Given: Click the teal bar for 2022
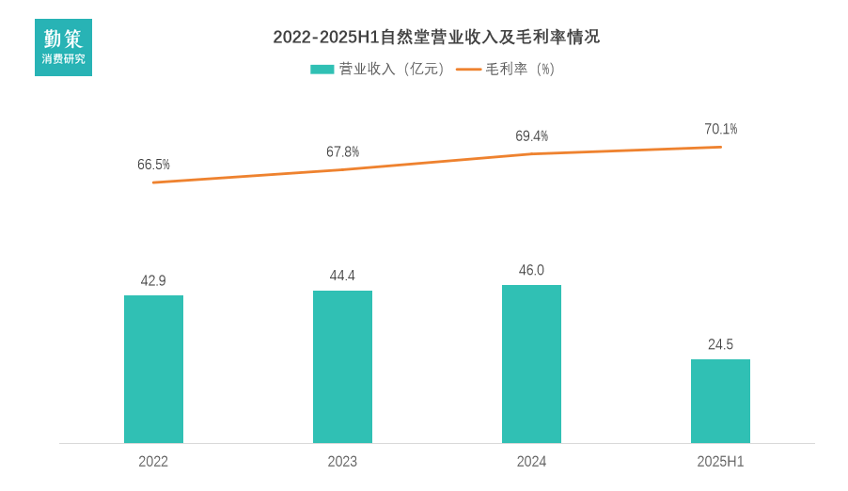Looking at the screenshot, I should click(153, 369).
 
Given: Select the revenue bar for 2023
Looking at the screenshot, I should click(342, 367).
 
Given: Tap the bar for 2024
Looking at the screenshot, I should click(531, 364).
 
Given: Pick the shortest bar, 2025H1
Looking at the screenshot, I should click(720, 401).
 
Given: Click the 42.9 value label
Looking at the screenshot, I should click(153, 280).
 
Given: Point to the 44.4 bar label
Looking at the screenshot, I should click(342, 276).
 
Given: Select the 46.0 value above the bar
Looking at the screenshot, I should click(531, 270).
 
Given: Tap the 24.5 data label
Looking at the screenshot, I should click(720, 344).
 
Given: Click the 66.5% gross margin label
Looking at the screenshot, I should click(153, 165).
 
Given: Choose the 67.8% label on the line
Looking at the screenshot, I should click(342, 151).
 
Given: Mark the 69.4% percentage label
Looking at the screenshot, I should click(531, 136).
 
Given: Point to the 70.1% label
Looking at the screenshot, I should click(720, 129).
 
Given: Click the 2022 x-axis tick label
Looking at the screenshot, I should click(153, 462).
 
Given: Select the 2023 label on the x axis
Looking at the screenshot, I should click(342, 462).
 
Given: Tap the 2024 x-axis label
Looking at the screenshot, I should click(531, 462).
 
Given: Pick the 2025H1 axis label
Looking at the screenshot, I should click(720, 462).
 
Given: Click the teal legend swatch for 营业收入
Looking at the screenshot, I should click(322, 69).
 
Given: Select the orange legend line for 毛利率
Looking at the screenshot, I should click(468, 69).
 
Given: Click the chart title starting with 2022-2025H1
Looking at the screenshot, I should click(436, 38).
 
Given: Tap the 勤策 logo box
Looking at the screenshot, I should click(63, 47).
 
